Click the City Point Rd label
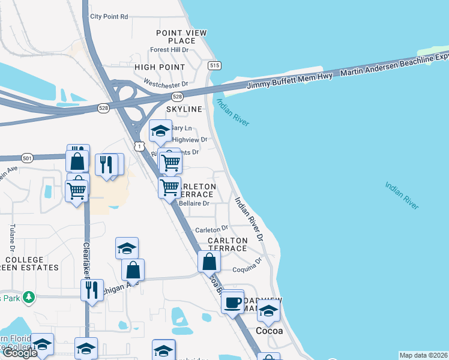pos(109,17)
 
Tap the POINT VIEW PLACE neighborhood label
pos(181,37)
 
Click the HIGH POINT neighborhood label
pos(160,67)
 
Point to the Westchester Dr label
pos(166,85)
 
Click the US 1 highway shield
pos(140,146)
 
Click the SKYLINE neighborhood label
pos(184,109)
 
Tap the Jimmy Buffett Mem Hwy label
pos(290,80)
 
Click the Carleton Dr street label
pos(211,229)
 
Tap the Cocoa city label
pos(270,331)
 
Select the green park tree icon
pos(28,297)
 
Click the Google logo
pos(19,353)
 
